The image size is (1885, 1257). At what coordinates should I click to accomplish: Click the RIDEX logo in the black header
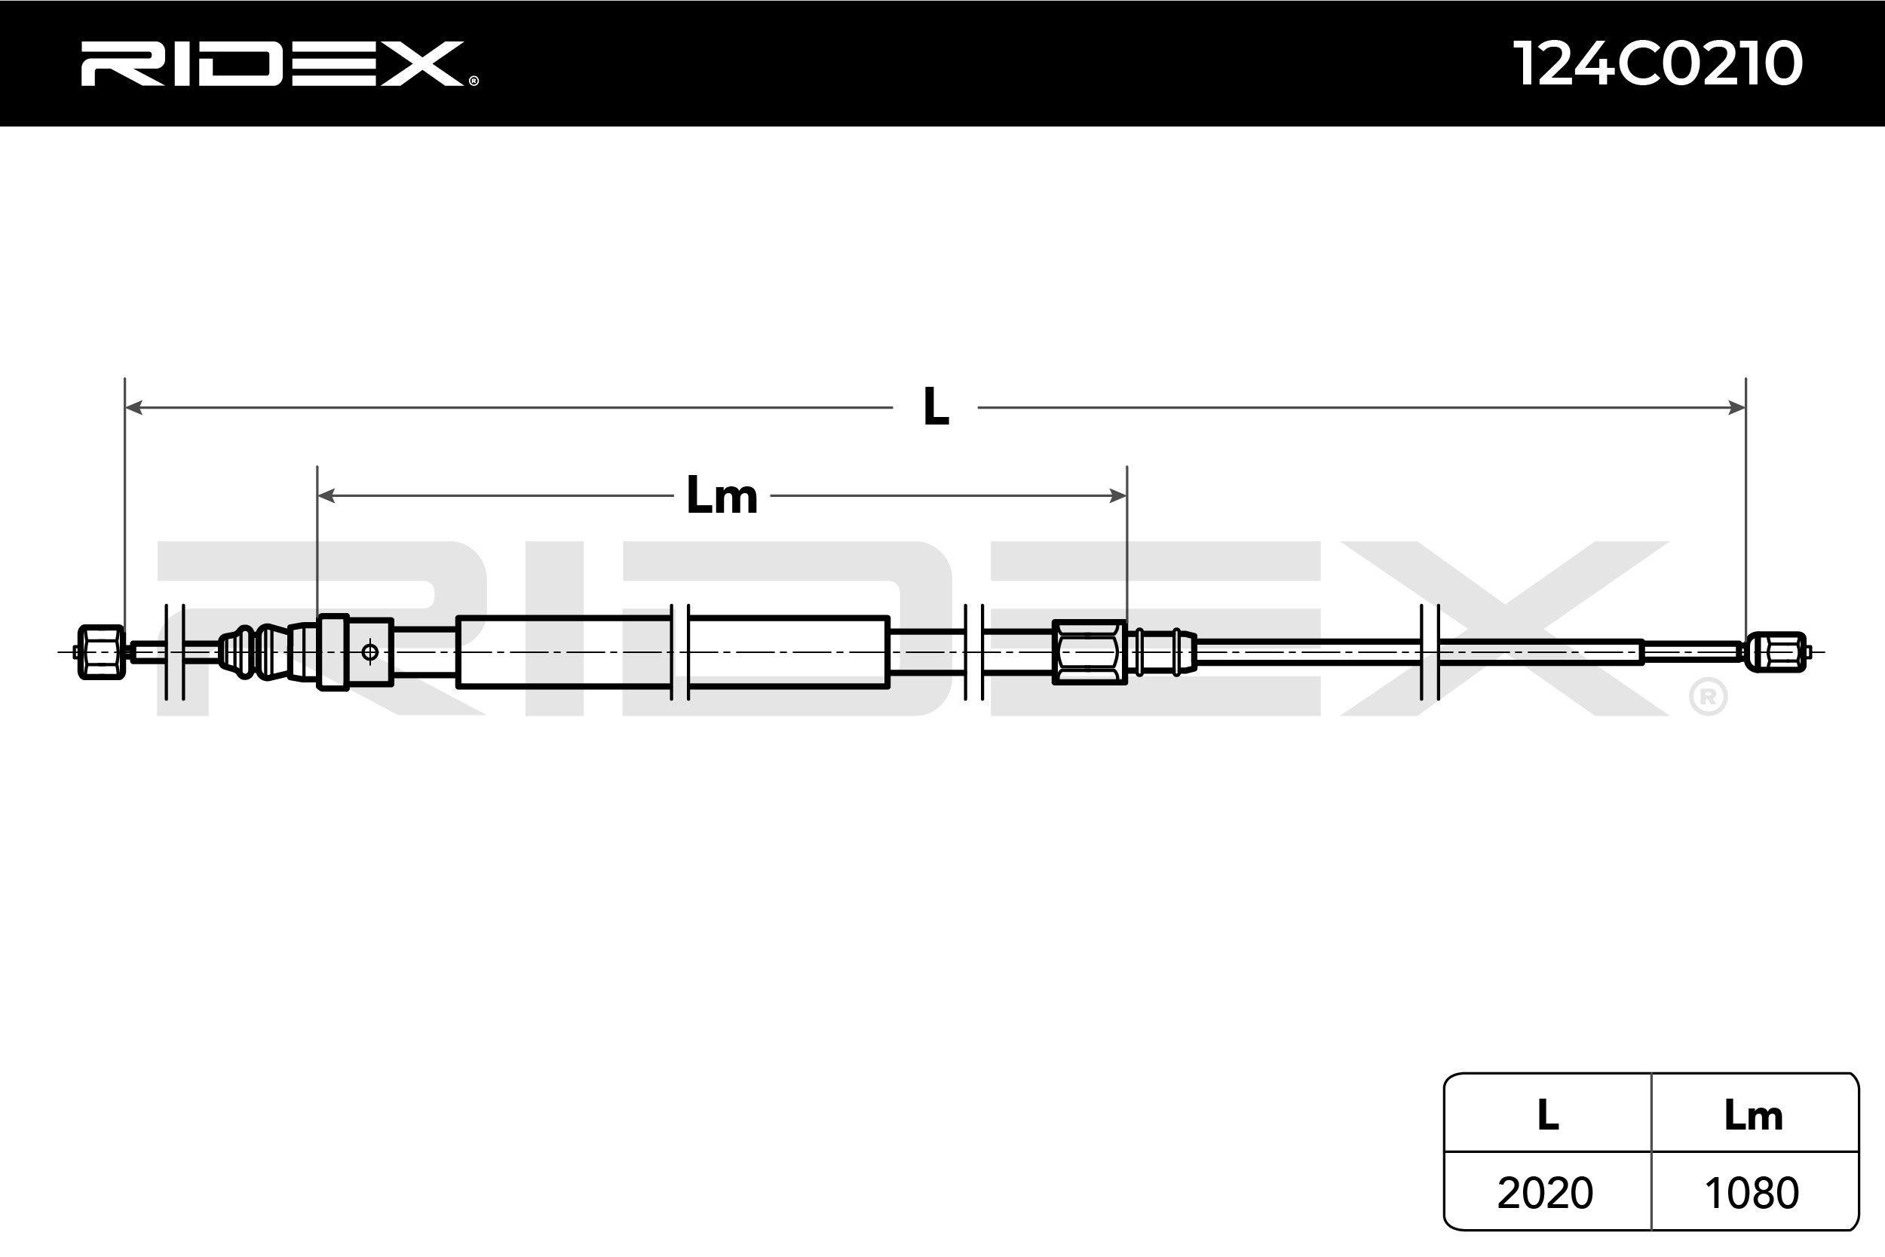[x=272, y=64]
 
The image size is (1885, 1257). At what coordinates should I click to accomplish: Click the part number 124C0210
[x=1657, y=64]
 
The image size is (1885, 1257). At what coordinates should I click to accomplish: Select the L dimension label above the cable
[x=936, y=407]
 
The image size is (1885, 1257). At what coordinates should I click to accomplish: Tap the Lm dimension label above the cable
[x=722, y=496]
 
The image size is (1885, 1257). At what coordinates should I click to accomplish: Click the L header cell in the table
[x=1548, y=1115]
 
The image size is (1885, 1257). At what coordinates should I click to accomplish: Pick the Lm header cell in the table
[x=1754, y=1115]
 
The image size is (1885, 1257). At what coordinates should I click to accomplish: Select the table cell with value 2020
[x=1544, y=1193]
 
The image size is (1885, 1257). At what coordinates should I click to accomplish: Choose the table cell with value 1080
[x=1752, y=1193]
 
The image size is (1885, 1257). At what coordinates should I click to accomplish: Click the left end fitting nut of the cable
[x=102, y=652]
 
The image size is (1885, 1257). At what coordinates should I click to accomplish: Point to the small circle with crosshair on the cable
[x=369, y=652]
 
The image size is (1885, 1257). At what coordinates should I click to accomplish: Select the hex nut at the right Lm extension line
[x=1088, y=652]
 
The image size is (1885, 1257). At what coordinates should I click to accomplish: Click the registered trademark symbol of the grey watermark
[x=1708, y=697]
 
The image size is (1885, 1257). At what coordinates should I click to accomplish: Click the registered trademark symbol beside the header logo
[x=474, y=81]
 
